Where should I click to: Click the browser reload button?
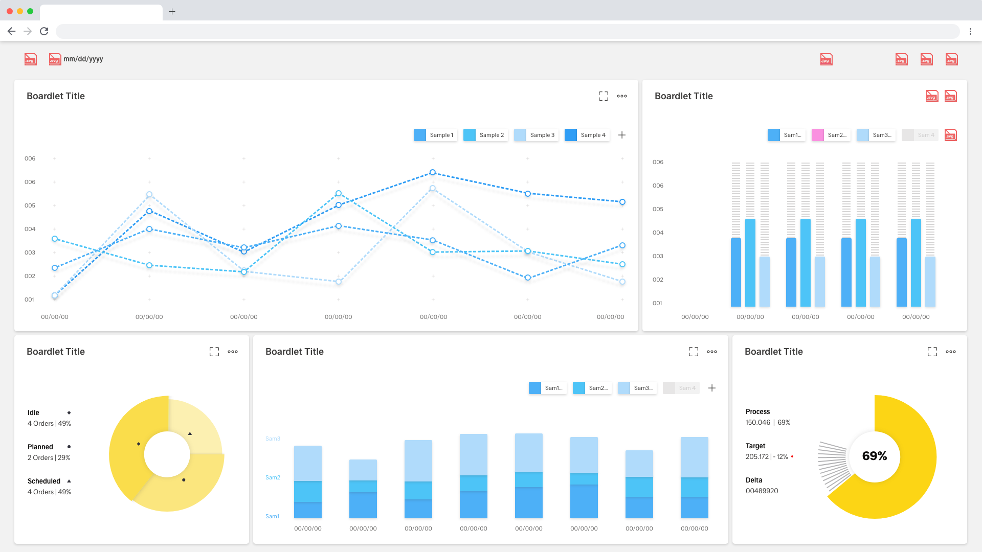(x=44, y=31)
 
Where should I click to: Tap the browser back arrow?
(x=11, y=31)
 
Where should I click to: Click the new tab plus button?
(x=172, y=11)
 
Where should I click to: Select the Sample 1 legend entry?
(x=435, y=135)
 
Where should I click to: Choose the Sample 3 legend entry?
(x=535, y=135)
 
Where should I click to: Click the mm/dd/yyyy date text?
(x=83, y=59)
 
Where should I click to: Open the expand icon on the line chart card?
(x=604, y=96)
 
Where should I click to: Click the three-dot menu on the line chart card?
(x=622, y=96)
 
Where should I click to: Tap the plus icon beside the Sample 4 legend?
(x=622, y=135)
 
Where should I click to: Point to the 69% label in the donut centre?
(x=875, y=456)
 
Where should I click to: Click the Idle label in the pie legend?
(x=33, y=412)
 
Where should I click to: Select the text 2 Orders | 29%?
(x=49, y=457)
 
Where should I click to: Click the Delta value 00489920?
(x=762, y=491)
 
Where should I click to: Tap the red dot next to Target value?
(x=792, y=456)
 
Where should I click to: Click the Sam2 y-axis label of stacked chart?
(x=273, y=477)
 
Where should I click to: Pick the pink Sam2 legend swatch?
(x=818, y=135)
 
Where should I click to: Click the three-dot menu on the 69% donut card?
(x=951, y=352)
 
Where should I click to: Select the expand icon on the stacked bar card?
(x=694, y=352)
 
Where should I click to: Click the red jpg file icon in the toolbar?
(x=826, y=59)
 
